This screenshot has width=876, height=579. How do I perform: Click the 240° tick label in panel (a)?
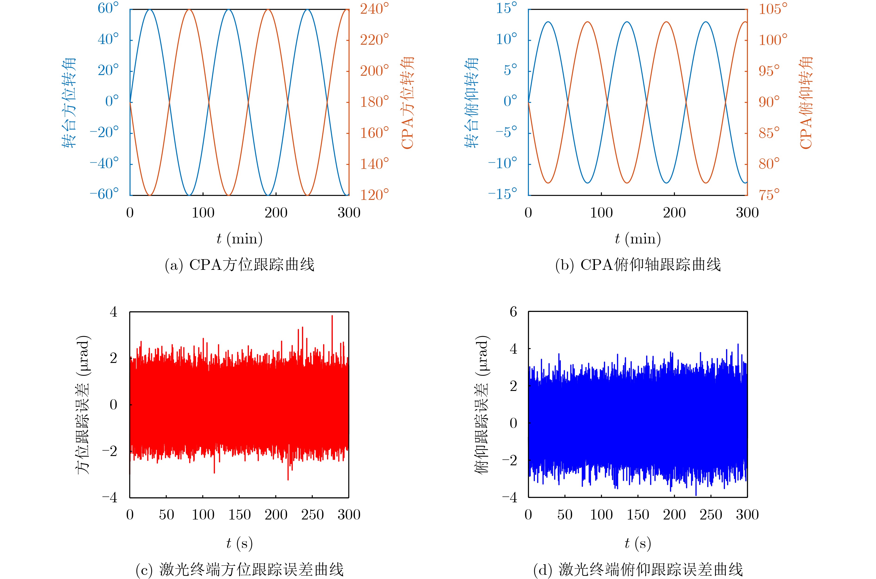374,9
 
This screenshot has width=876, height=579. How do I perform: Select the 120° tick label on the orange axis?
374,195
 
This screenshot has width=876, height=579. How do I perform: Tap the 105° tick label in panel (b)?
773,9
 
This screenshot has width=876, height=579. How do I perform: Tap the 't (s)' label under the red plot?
239,543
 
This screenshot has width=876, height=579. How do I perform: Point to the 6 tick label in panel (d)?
513,312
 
